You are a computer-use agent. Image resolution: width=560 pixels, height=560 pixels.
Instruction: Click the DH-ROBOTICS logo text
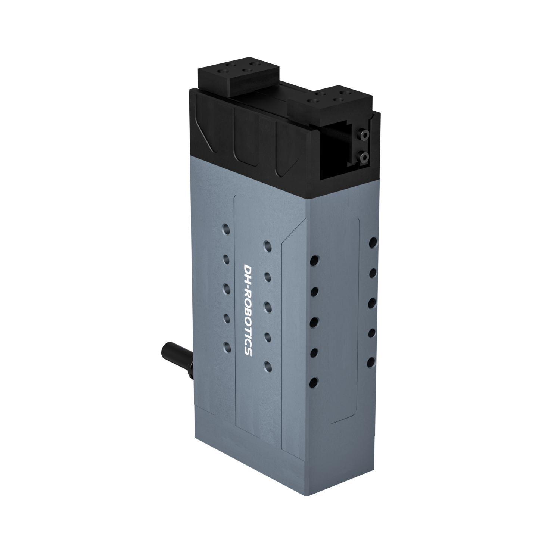pyautogui.click(x=247, y=310)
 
